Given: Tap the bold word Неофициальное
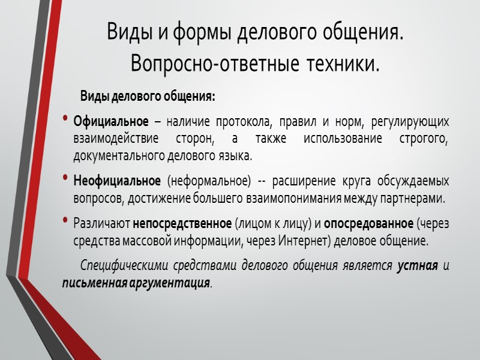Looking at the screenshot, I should click(117, 181).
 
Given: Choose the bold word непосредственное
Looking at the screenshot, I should click(182, 224).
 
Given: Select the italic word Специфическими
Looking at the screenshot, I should click(119, 266).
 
